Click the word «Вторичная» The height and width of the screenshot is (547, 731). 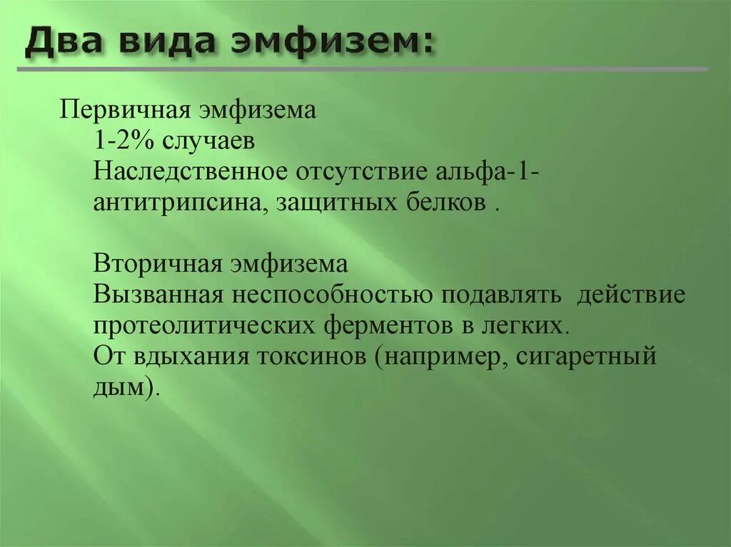pyautogui.click(x=156, y=265)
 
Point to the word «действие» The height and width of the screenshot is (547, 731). pyautogui.click(x=631, y=295)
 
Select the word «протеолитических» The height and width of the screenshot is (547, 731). pyautogui.click(x=204, y=326)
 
